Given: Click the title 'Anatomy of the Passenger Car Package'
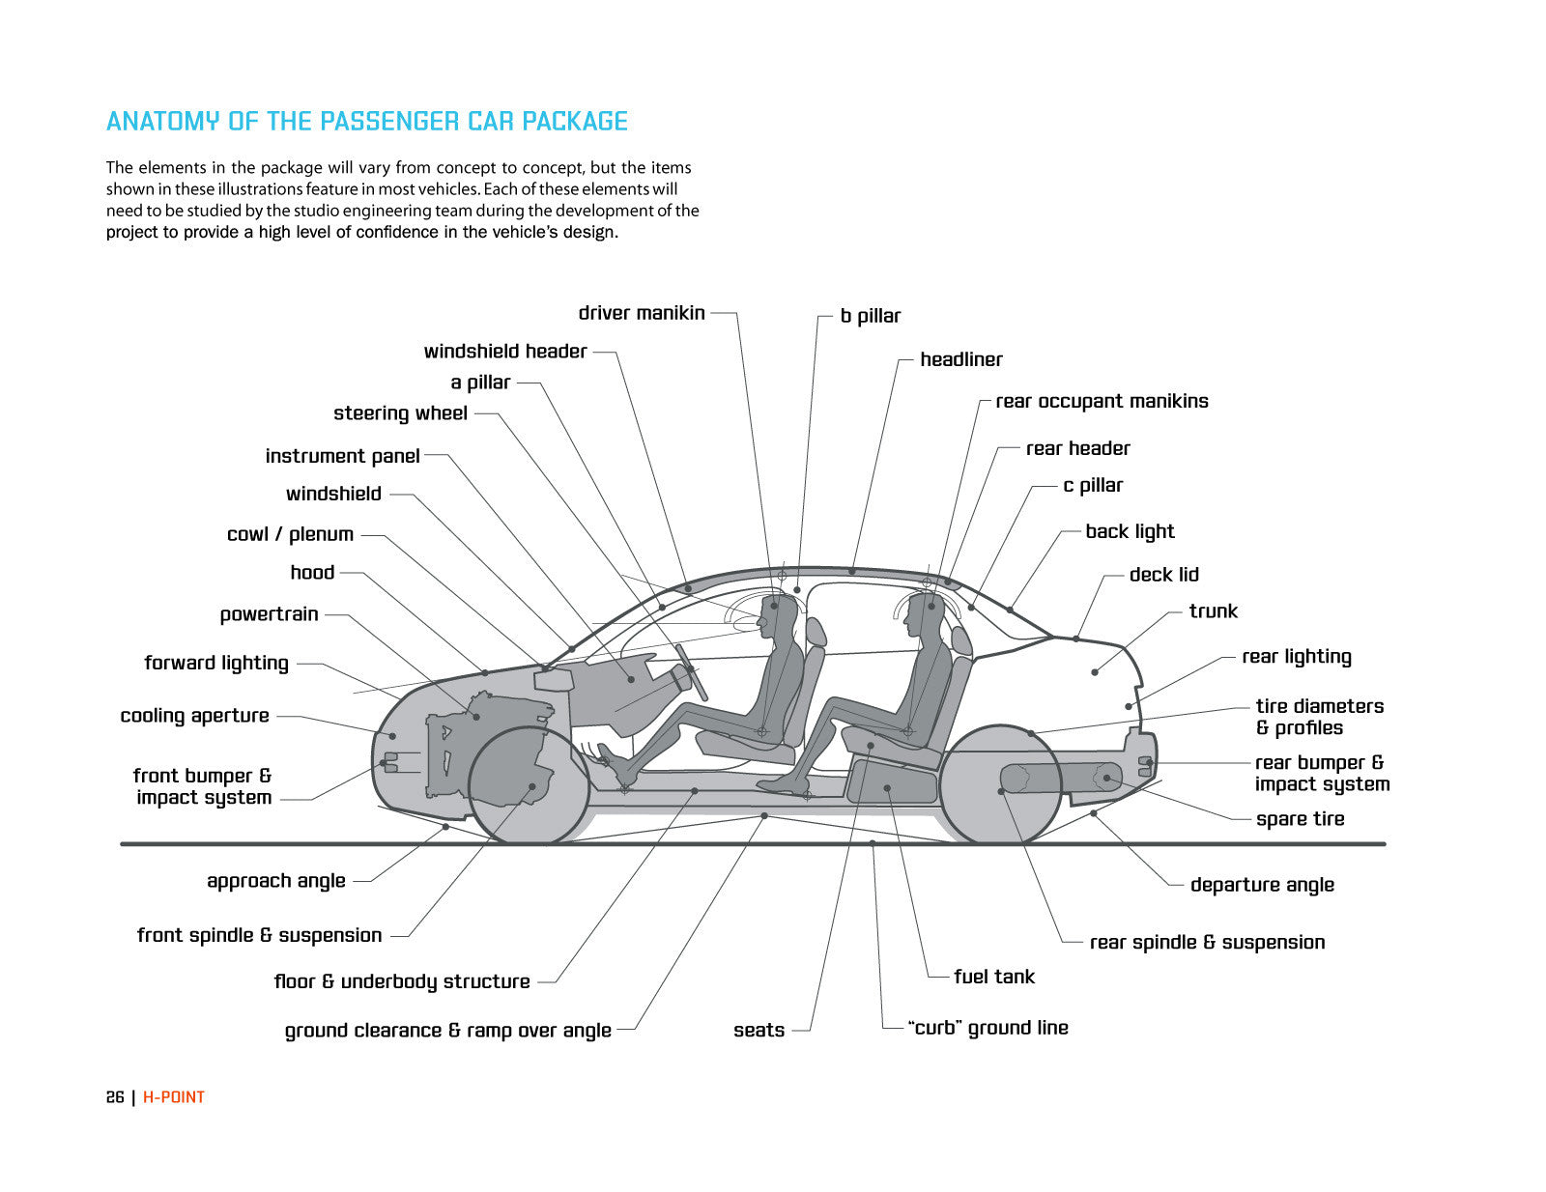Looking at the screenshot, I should [x=366, y=122].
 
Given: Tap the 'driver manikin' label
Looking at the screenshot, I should [x=642, y=313].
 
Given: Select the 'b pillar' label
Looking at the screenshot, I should [x=870, y=316].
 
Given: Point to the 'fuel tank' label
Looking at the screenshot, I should [x=993, y=977].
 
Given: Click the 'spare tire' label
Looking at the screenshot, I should [x=1300, y=819].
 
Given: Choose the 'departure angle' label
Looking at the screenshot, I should [x=1262, y=885].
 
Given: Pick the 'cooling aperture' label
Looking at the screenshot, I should [x=194, y=716].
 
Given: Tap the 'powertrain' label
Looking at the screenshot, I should [x=269, y=614].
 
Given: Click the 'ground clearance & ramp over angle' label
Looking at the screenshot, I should [x=447, y=1031].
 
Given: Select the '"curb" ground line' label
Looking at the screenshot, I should [x=988, y=1028].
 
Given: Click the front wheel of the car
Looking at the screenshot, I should [x=529, y=785].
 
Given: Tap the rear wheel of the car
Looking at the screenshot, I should [x=1001, y=785].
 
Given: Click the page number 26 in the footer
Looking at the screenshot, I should [x=115, y=1097].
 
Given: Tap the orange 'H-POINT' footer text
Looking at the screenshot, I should [x=174, y=1097].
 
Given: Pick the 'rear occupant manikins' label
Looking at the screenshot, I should [x=1102, y=401].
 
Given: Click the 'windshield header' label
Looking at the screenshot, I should [x=505, y=352].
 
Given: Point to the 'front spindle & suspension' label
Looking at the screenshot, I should [x=259, y=935].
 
